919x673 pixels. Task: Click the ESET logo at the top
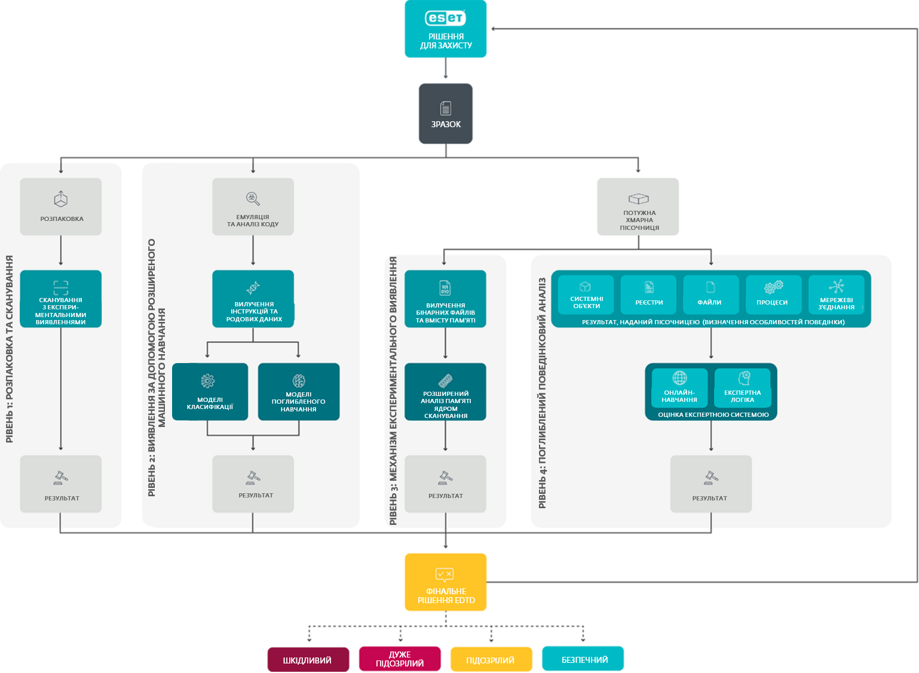[445, 18]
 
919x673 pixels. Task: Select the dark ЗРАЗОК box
[446, 113]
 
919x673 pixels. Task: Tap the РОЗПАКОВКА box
[61, 207]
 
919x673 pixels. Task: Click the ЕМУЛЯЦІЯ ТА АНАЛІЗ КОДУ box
[253, 207]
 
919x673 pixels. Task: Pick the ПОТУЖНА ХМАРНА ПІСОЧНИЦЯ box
[638, 207]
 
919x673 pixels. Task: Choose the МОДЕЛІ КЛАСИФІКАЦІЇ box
[210, 392]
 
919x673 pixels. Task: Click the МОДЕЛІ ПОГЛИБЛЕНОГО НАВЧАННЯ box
[299, 392]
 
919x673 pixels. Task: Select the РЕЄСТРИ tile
[649, 294]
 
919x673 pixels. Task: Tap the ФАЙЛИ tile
[711, 294]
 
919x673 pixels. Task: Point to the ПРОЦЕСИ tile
[774, 294]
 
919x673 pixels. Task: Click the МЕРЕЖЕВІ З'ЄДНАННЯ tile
[837, 294]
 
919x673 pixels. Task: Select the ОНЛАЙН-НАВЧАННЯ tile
[679, 388]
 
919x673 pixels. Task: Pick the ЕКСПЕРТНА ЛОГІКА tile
[742, 388]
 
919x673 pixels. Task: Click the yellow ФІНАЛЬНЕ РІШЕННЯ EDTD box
[446, 582]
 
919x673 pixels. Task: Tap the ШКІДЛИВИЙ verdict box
[308, 659]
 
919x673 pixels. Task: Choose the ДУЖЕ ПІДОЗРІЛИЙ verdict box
[400, 659]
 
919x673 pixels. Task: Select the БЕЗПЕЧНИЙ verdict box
[583, 659]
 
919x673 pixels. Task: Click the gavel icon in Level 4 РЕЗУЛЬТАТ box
[711, 478]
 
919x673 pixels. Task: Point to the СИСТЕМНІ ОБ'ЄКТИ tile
[586, 294]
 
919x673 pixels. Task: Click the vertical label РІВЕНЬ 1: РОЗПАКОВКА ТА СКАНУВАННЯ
[10, 349]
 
